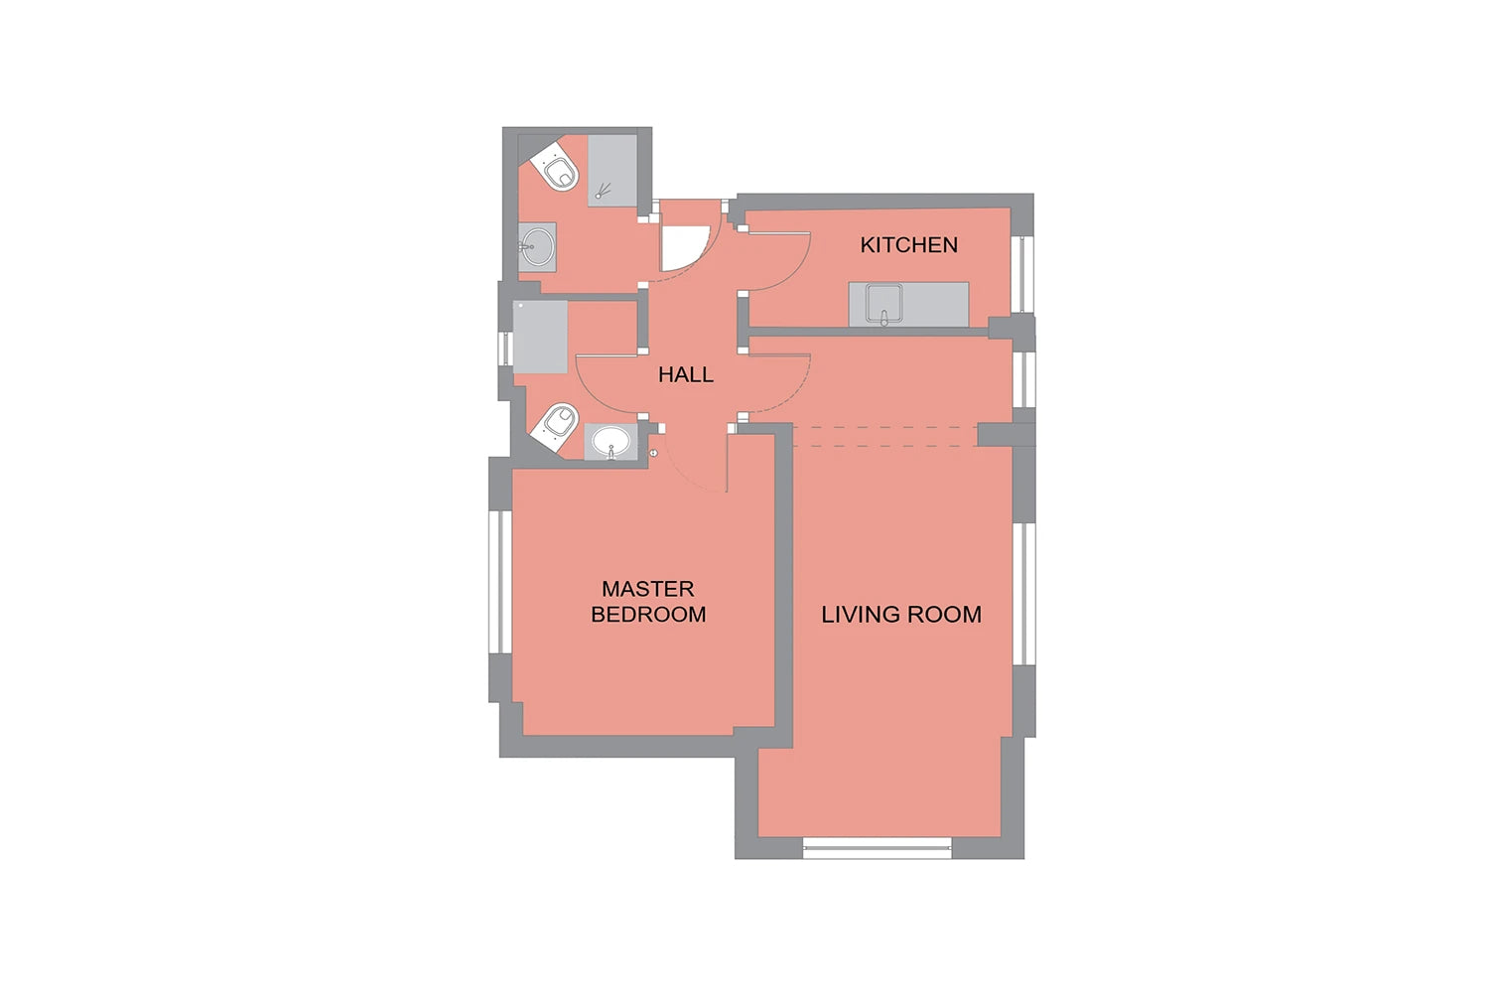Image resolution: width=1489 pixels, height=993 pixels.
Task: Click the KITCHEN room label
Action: click(x=908, y=244)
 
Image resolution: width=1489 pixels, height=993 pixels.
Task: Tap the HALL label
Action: click(x=685, y=375)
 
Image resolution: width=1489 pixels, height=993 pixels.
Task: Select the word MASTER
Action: click(x=647, y=589)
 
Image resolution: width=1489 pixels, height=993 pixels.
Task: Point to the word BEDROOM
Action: click(x=648, y=614)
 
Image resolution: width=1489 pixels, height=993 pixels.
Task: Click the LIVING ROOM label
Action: click(x=900, y=614)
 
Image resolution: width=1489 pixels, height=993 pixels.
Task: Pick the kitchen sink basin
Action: click(x=883, y=304)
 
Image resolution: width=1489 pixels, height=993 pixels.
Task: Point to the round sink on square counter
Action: click(x=536, y=246)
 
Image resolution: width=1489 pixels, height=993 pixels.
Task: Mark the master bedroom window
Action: click(x=500, y=582)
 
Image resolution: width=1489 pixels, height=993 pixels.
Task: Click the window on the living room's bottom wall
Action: click(x=878, y=848)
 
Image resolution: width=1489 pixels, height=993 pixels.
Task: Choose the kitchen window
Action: click(x=1022, y=274)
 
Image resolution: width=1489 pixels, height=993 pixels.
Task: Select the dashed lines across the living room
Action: click(x=884, y=436)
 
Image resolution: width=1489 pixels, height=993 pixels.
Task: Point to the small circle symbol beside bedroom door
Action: click(x=653, y=453)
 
